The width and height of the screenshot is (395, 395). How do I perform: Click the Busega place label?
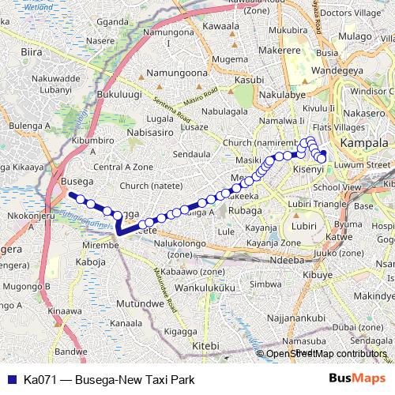point(77,181)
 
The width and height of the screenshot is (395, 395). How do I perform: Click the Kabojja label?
point(91,261)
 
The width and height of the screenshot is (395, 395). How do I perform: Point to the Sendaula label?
point(192,152)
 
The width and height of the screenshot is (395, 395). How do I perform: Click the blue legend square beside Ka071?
point(9,379)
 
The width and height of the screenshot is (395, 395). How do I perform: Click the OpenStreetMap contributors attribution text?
point(327,354)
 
